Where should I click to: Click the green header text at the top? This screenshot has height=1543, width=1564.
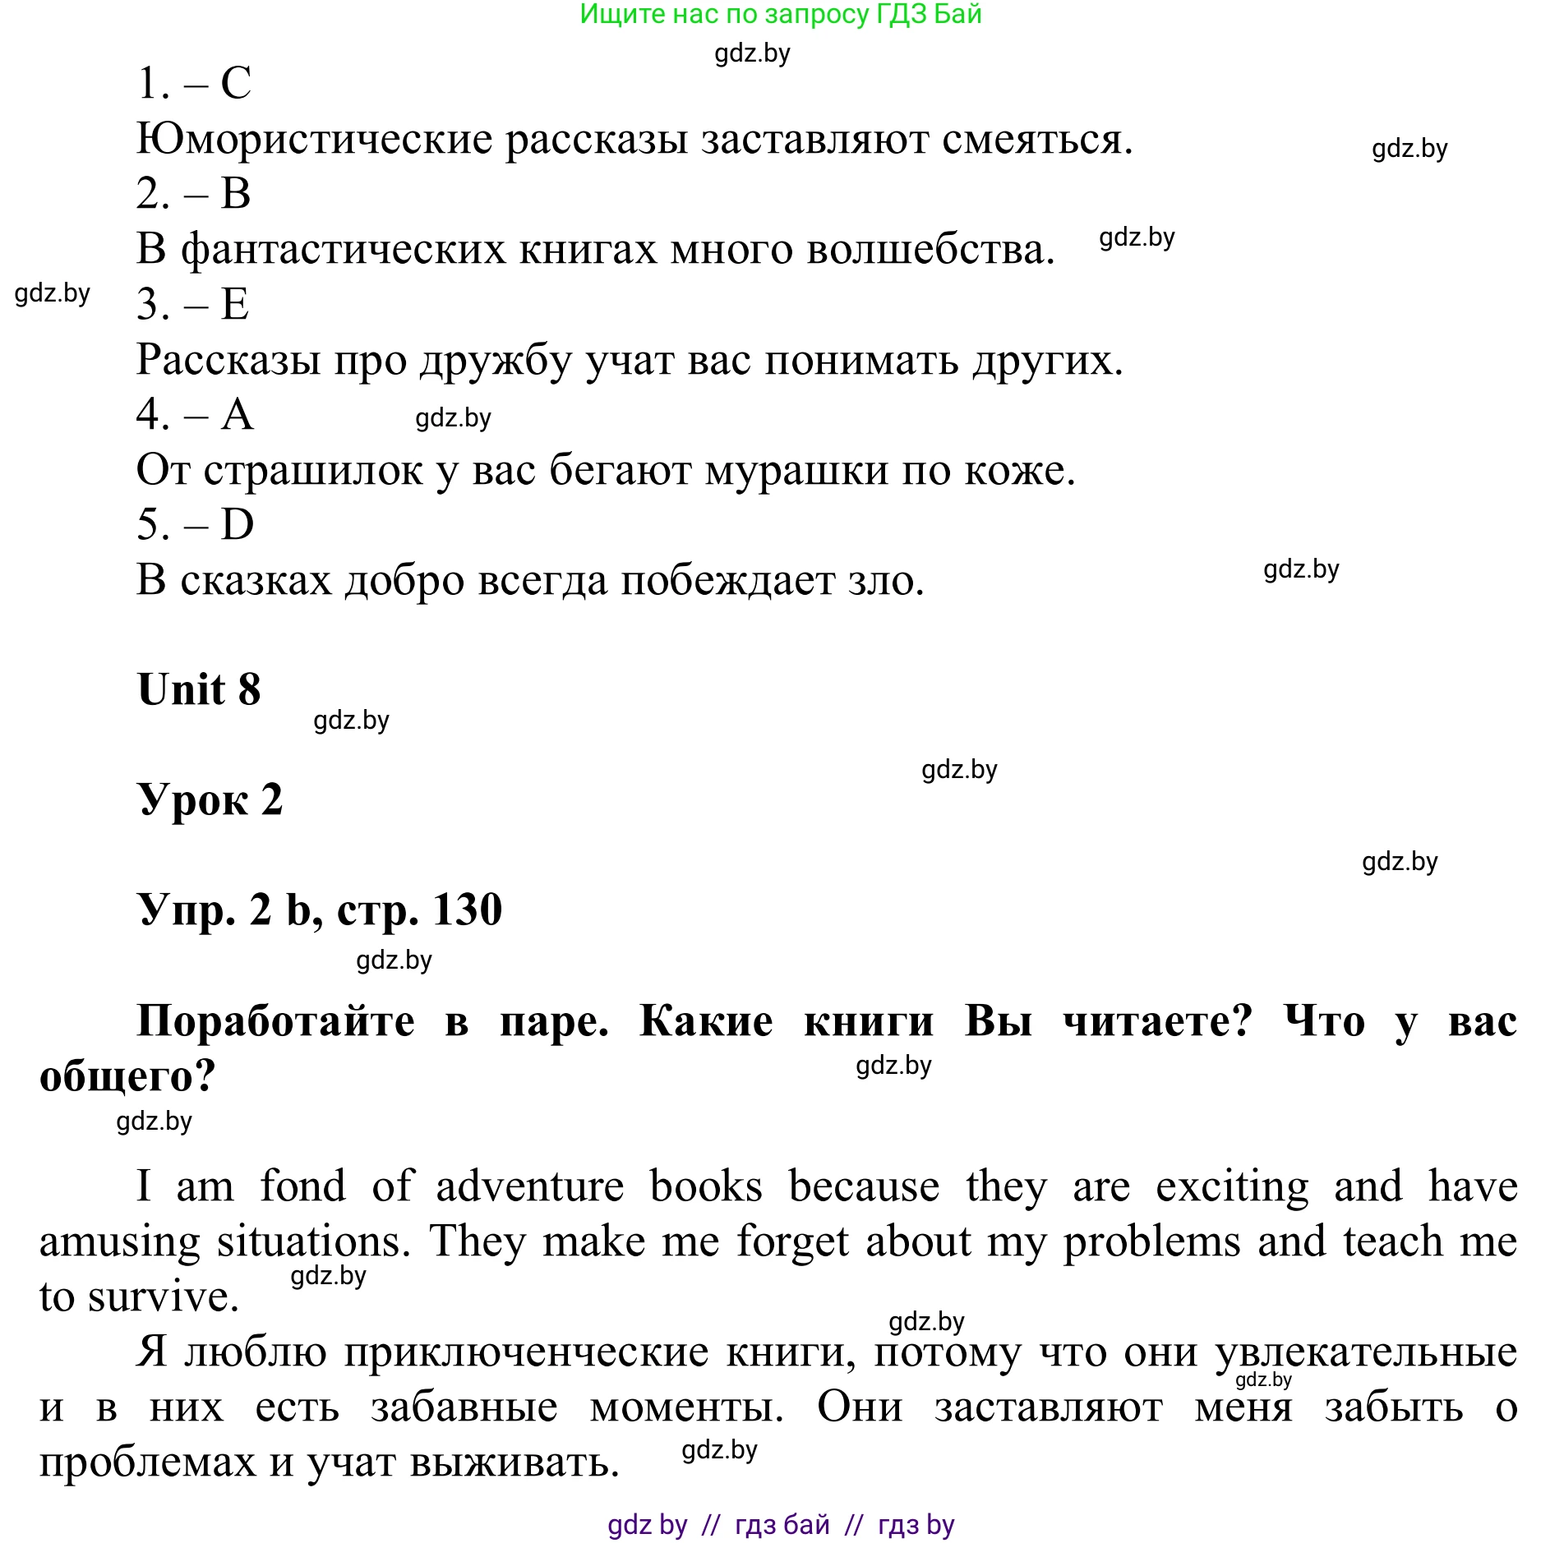tap(780, 14)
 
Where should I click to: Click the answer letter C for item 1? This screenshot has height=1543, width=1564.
tap(236, 83)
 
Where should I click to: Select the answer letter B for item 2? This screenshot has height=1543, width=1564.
tap(236, 194)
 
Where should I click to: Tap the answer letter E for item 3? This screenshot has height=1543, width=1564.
tap(235, 304)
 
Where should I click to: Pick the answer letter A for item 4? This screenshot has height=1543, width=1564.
tap(238, 414)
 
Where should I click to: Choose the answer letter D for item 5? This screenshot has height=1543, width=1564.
tap(238, 524)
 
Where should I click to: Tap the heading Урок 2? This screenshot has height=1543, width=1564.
tap(210, 799)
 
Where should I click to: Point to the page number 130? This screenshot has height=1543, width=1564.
tap(467, 910)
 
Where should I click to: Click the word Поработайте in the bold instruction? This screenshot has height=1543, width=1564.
tap(276, 1021)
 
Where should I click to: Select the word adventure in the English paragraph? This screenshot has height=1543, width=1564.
tap(530, 1186)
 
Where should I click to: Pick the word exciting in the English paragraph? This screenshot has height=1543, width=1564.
tap(1232, 1186)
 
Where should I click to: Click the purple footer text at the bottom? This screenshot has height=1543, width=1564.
tap(780, 1525)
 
